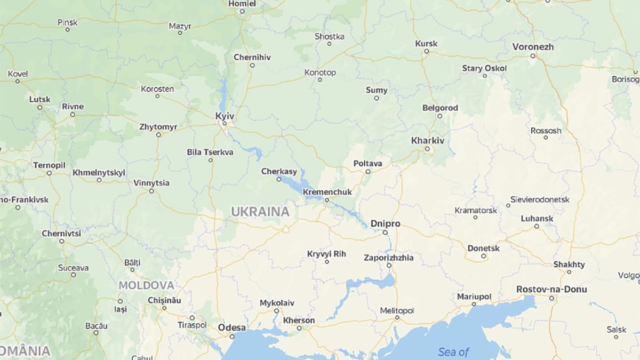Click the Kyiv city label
[x=225, y=115]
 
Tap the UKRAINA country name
[x=260, y=212]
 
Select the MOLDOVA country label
[x=146, y=285]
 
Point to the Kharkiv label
[x=428, y=141]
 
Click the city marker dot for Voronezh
[x=532, y=55]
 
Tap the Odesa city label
[x=232, y=327]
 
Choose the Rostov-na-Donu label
[x=551, y=289]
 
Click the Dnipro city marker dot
[x=385, y=233]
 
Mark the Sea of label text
[x=453, y=352]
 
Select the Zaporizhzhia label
[x=388, y=258]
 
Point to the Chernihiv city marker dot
[x=252, y=66]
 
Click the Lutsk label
[x=40, y=99]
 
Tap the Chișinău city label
[x=164, y=301]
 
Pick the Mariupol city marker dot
[x=474, y=305]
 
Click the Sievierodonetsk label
[x=540, y=199]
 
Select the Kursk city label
[x=426, y=44]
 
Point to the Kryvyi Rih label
[x=326, y=254]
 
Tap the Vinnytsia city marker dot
[x=152, y=191]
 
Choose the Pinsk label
[x=68, y=22]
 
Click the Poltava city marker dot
[x=368, y=172]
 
